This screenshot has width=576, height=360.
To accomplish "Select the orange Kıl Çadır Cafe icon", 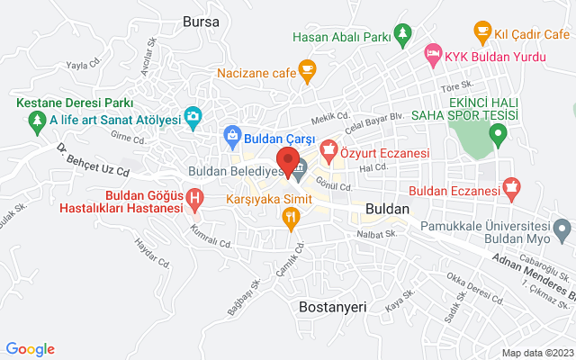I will (x=481, y=31).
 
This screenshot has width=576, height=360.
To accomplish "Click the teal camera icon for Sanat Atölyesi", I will (x=192, y=116).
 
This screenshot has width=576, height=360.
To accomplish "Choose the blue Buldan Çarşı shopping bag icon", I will (x=232, y=138).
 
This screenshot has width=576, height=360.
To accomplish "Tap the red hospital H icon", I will (x=193, y=197).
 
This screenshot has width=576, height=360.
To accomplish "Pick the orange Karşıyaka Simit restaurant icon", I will (x=290, y=216).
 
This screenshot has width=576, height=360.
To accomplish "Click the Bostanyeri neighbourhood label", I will (x=332, y=307).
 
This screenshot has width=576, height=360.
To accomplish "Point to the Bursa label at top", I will (x=200, y=20).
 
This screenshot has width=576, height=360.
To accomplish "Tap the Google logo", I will (x=31, y=349).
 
